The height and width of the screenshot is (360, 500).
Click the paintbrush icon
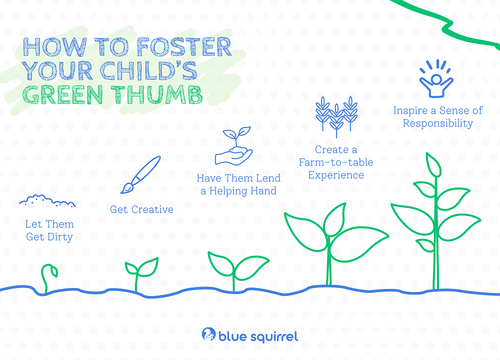click(x=140, y=174)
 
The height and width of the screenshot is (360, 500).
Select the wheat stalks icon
click(x=336, y=116)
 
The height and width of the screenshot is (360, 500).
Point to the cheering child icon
click(x=436, y=78)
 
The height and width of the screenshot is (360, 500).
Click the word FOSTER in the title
click(x=184, y=47)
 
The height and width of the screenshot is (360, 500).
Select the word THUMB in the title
click(x=158, y=94)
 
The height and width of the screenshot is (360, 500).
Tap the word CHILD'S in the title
click(x=149, y=70)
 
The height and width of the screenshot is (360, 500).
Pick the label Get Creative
click(x=141, y=209)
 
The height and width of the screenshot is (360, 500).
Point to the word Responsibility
click(x=438, y=123)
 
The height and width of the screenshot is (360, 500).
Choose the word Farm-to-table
click(x=336, y=162)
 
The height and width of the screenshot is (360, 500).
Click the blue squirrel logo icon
click(x=209, y=334)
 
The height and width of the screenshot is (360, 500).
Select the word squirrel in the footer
click(x=274, y=336)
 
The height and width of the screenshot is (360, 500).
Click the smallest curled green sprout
click(x=48, y=278)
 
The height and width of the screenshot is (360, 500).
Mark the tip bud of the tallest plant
click(x=433, y=164)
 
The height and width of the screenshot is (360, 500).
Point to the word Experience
click(x=336, y=175)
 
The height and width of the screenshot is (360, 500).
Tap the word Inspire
click(x=410, y=111)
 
